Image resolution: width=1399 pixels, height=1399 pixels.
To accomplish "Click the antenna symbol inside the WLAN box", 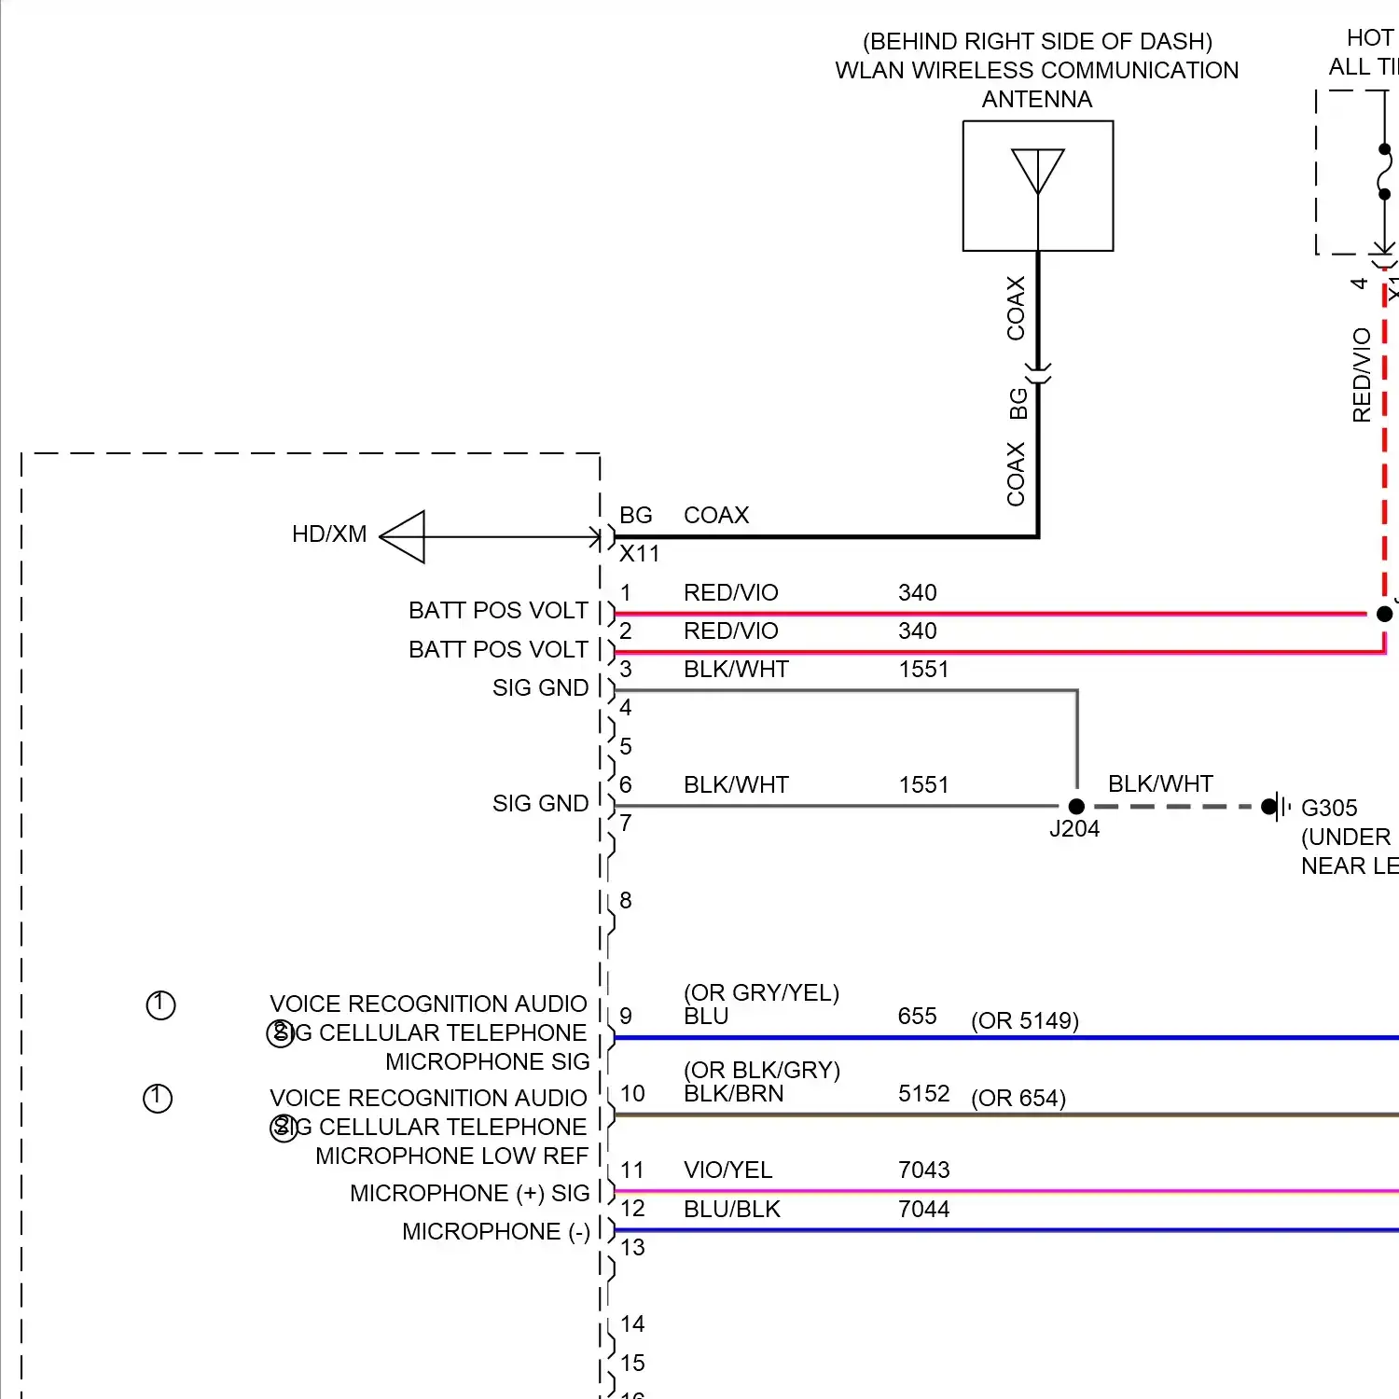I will [x=1038, y=173].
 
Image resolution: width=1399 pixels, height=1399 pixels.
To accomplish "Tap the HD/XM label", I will [x=329, y=534].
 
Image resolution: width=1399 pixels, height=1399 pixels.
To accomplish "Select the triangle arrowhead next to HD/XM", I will [x=404, y=536].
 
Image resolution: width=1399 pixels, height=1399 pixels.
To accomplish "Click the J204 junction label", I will [x=1074, y=829].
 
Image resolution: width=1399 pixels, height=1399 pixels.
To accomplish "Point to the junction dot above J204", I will [x=1076, y=806].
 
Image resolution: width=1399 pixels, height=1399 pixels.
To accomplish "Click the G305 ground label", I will [x=1329, y=808].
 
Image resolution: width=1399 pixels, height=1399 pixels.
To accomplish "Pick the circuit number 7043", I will [x=923, y=1170].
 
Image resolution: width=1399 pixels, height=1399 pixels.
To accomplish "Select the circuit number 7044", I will [x=923, y=1210].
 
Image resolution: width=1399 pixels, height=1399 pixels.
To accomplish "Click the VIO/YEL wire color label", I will [x=727, y=1170].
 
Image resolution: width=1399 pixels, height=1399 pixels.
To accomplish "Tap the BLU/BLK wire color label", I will [x=731, y=1210].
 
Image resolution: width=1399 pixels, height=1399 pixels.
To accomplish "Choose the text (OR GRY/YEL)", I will [x=761, y=993].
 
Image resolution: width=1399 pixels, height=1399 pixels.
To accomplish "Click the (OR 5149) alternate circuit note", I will [x=1024, y=1021].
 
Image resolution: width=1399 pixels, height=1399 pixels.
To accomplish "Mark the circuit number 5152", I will [x=923, y=1094].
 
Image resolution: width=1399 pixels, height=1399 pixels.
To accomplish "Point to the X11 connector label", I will [x=640, y=554].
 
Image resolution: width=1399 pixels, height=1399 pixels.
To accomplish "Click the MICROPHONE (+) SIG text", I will [x=469, y=1194].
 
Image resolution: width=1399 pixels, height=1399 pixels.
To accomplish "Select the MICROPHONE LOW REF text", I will [x=451, y=1157].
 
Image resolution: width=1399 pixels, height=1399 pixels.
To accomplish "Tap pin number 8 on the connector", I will [x=626, y=901].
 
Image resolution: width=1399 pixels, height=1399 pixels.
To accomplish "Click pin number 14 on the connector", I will [x=632, y=1324].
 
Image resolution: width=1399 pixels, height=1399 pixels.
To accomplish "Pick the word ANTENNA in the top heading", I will [x=1036, y=100].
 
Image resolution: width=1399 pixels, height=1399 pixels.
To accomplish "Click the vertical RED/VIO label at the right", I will [x=1362, y=375].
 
